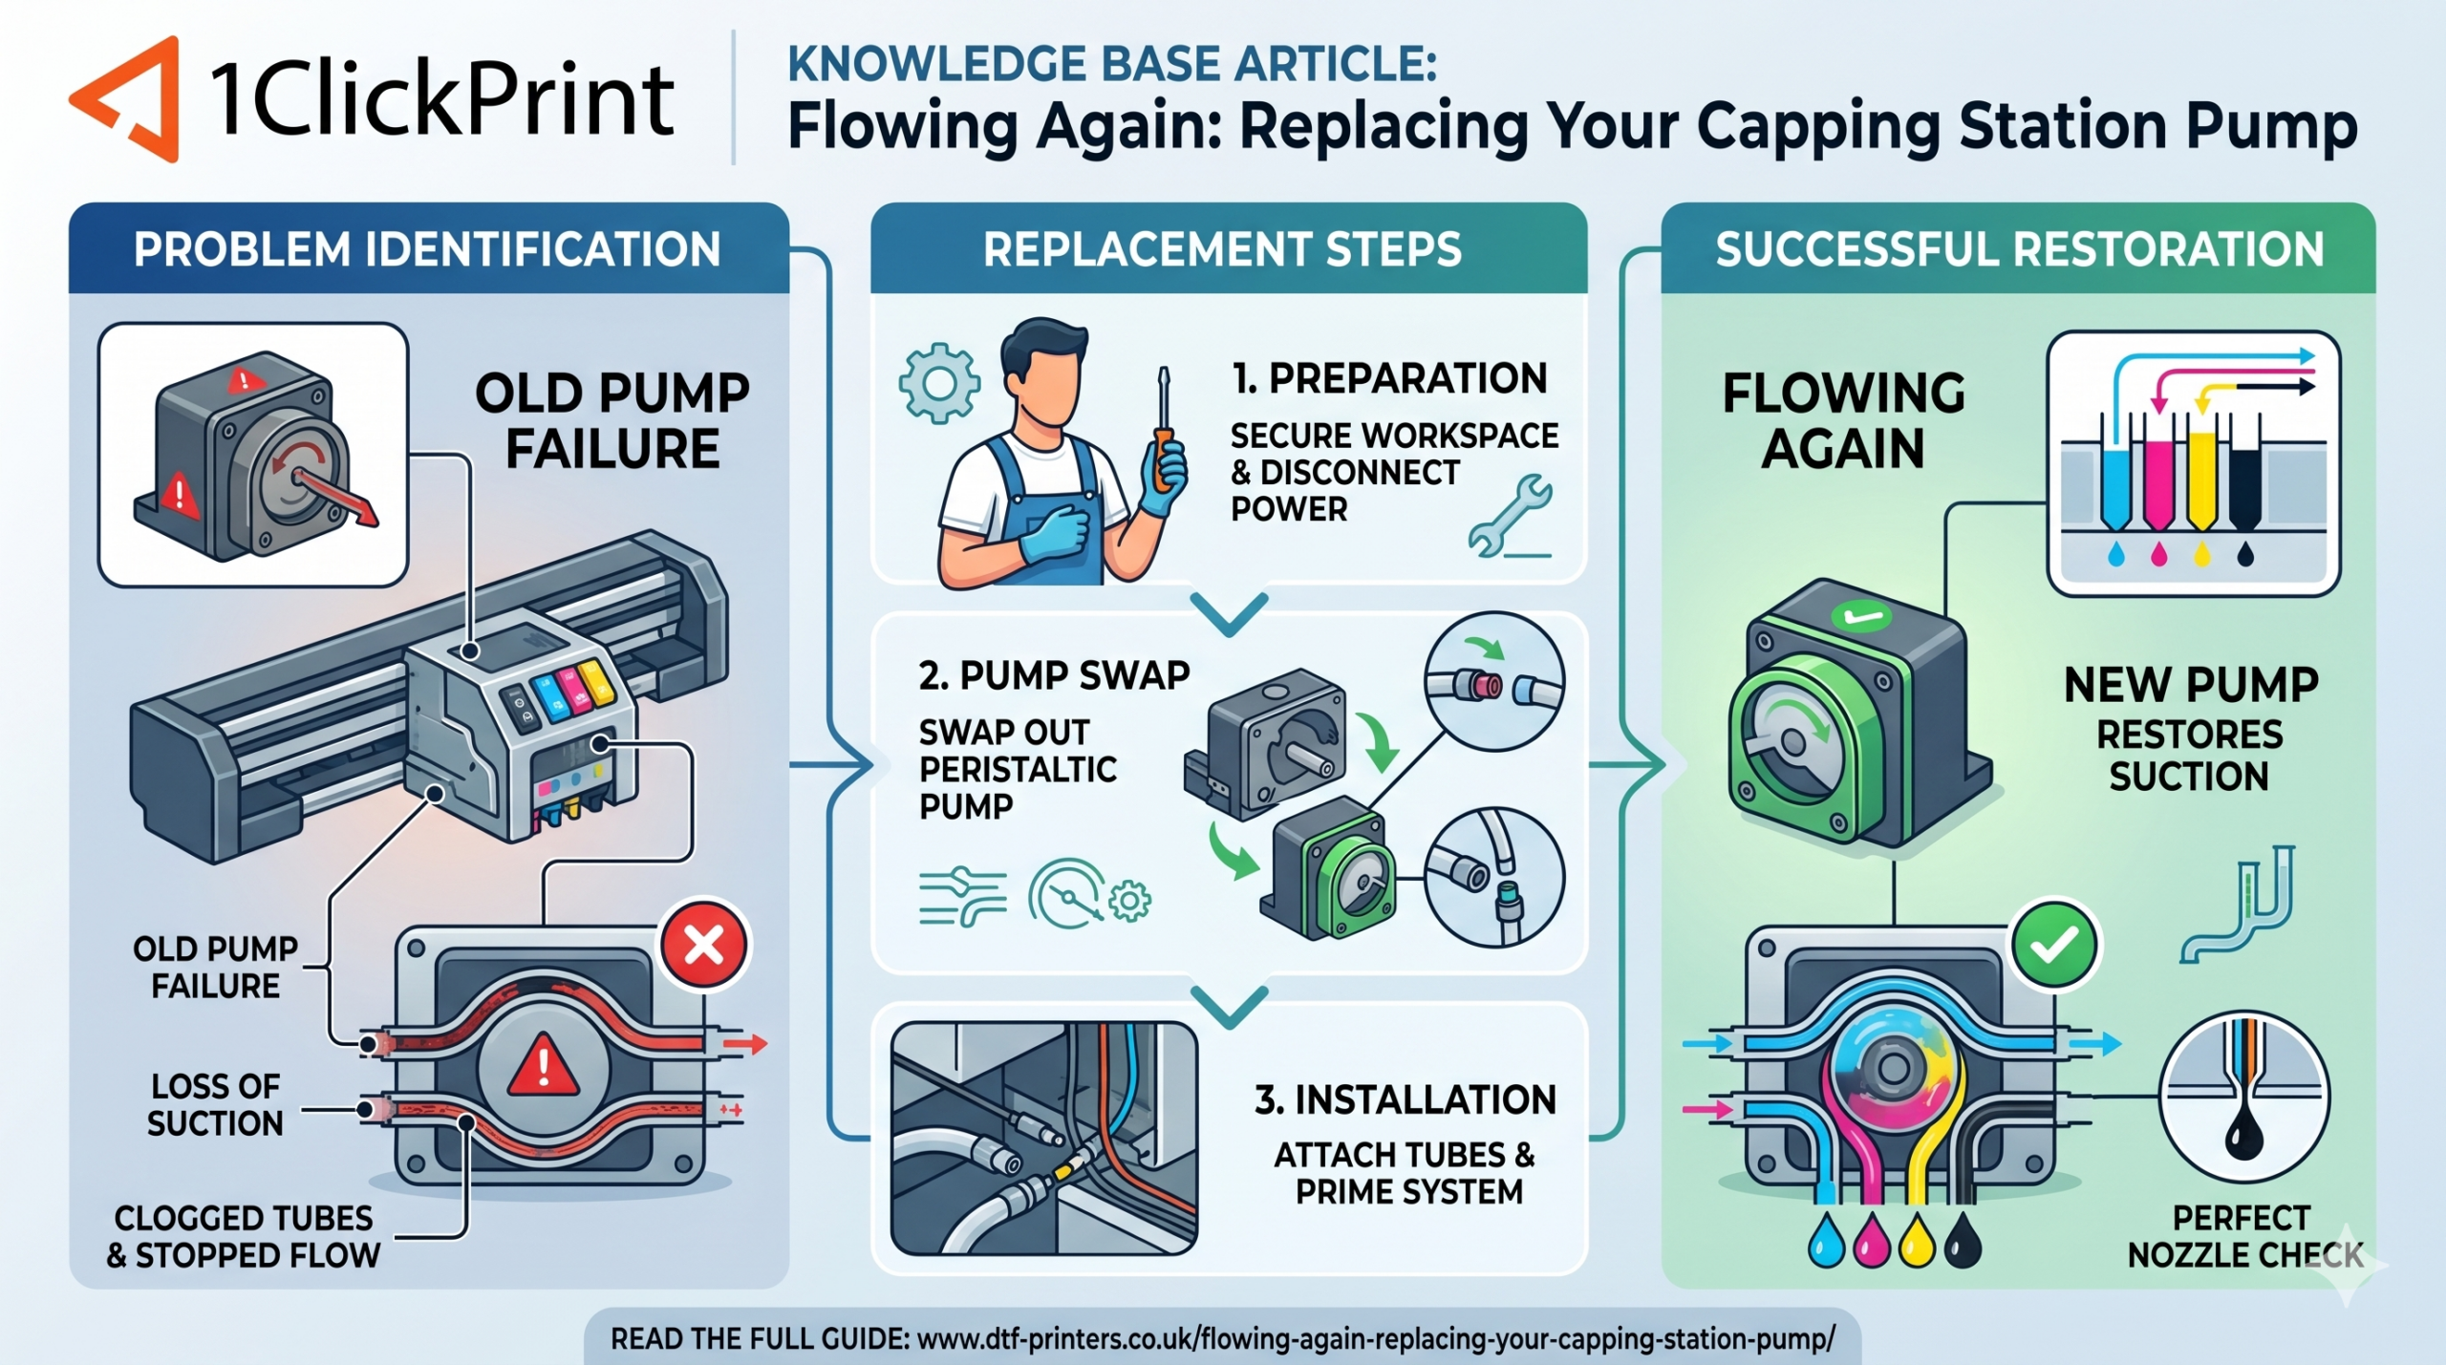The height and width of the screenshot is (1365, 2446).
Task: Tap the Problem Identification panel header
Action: (428, 249)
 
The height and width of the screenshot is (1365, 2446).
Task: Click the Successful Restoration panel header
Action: (2019, 249)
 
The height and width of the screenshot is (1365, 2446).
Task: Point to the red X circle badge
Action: (705, 946)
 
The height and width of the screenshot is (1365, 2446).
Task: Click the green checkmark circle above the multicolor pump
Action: (2054, 945)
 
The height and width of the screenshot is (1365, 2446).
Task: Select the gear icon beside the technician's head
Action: (939, 383)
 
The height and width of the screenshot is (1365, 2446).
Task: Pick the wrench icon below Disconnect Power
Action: (1510, 516)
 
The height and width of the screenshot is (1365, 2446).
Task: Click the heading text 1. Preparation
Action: (1389, 379)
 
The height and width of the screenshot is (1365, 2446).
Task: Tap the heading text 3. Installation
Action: (1405, 1100)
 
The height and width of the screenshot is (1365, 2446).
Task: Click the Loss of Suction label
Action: (215, 1104)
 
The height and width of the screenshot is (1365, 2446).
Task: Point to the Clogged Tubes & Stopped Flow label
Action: (244, 1236)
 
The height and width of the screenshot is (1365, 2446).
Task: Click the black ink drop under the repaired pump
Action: (1962, 1240)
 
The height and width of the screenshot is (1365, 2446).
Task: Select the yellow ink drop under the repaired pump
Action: (1916, 1240)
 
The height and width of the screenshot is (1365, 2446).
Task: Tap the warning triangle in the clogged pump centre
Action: (543, 1065)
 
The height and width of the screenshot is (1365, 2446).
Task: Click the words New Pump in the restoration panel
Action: (2191, 685)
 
